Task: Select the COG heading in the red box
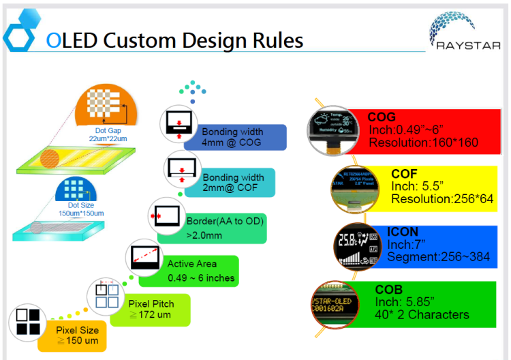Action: pyautogui.click(x=382, y=117)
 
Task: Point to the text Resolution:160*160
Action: pyautogui.click(x=423, y=142)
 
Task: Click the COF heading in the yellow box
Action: pyautogui.click(x=404, y=174)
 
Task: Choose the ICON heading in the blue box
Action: pyautogui.click(x=403, y=232)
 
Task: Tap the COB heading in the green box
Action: pyautogui.click(x=389, y=290)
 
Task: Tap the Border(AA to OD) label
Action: pyautogui.click(x=225, y=221)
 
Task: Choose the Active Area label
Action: pyautogui.click(x=192, y=264)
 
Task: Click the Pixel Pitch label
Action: pyautogui.click(x=151, y=303)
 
